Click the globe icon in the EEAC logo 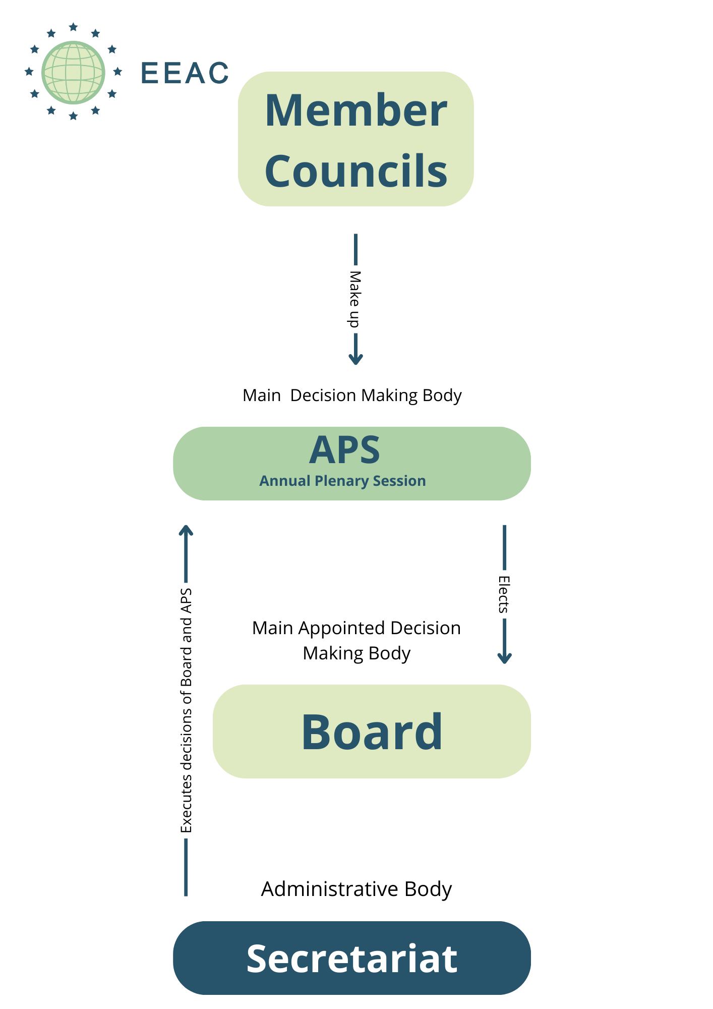[73, 72]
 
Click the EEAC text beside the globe [185, 73]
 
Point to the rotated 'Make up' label [355, 299]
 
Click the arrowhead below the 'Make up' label [355, 359]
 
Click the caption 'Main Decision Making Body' [352, 396]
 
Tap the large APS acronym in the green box [345, 450]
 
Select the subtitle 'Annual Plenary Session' [342, 481]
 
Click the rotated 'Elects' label [504, 594]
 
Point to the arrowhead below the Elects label [504, 658]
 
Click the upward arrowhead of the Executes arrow [186, 530]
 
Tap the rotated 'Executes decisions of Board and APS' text [186, 710]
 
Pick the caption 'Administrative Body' [356, 889]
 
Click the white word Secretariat [352, 958]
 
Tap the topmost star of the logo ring [73, 27]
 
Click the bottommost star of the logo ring [73, 116]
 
